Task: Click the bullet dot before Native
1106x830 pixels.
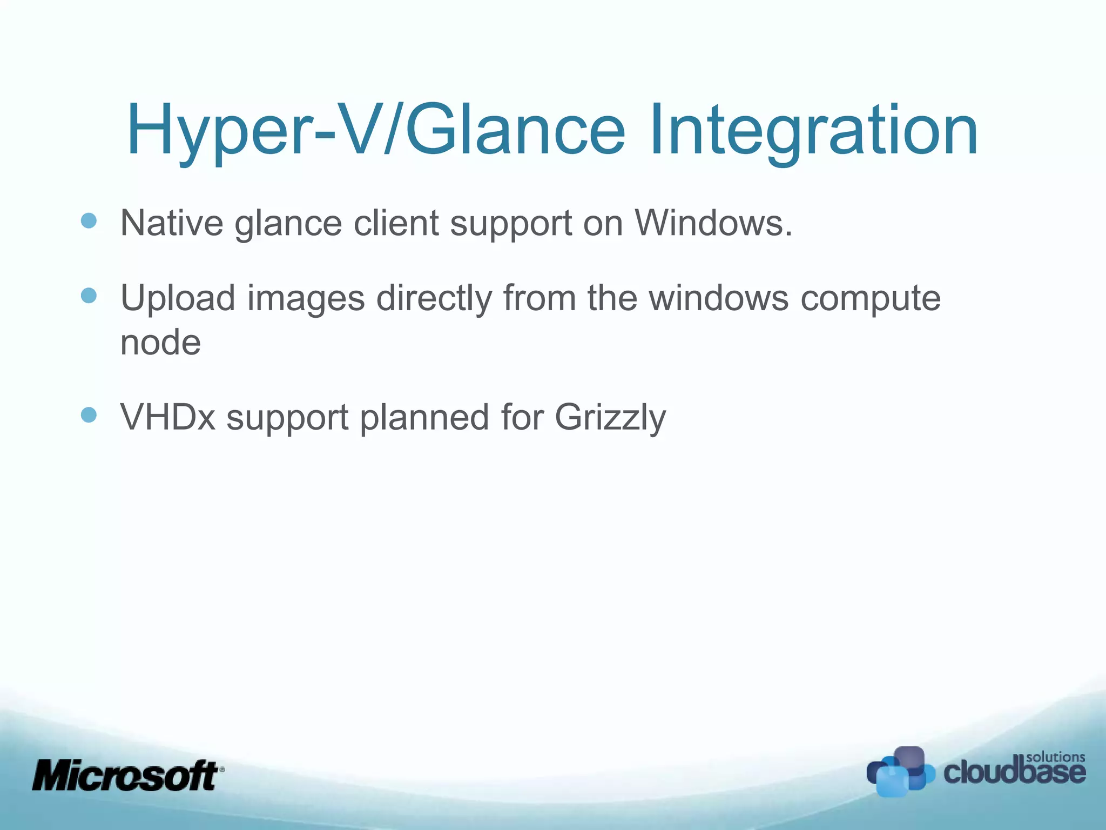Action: point(89,220)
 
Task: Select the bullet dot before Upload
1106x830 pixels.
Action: point(89,296)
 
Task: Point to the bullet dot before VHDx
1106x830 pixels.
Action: point(89,415)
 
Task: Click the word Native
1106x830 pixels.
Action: point(172,223)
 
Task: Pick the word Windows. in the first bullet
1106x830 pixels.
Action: point(713,223)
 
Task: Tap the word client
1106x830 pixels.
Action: point(396,223)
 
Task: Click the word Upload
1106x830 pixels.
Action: point(178,298)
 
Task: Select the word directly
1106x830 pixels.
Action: point(434,298)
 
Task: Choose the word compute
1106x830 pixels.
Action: point(870,298)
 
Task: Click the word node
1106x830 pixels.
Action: point(160,343)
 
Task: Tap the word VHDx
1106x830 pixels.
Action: point(168,417)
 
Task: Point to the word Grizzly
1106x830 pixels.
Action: point(610,417)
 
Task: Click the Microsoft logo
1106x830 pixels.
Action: point(127,775)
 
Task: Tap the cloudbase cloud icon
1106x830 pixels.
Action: point(900,772)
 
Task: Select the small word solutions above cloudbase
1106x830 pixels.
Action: point(1055,757)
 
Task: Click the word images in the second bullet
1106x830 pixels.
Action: point(306,298)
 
